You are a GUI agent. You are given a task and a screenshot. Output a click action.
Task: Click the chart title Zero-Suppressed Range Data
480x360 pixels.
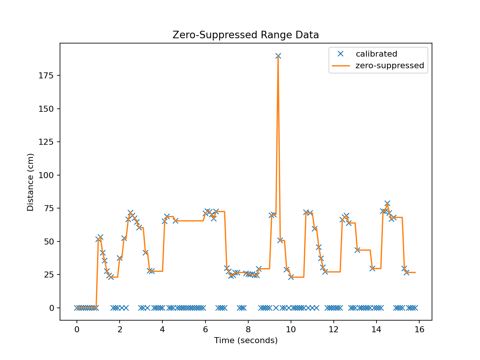(x=246, y=35)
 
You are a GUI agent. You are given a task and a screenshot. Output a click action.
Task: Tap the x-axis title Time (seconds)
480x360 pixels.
(x=246, y=340)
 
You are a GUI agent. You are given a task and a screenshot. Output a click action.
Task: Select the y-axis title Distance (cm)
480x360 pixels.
(x=30, y=182)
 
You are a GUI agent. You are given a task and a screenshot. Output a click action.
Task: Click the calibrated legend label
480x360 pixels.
(x=376, y=54)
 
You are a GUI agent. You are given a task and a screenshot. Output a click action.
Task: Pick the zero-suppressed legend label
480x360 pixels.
(x=390, y=66)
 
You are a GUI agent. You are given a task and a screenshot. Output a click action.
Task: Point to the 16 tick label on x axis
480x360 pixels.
(x=419, y=330)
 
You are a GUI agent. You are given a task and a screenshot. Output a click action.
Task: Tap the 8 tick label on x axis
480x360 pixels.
(x=248, y=330)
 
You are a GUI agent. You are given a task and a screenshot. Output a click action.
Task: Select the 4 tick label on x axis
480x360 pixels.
(x=162, y=330)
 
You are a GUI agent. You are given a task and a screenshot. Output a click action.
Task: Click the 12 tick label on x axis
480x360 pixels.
(x=333, y=330)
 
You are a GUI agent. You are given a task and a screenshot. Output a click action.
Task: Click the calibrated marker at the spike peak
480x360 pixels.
(x=278, y=56)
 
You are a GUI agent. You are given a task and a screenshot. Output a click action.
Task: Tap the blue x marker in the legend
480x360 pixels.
(x=340, y=54)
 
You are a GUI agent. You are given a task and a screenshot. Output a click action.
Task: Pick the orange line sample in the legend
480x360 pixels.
(x=340, y=66)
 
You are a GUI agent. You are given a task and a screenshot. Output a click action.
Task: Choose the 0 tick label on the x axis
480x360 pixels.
(x=77, y=330)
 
